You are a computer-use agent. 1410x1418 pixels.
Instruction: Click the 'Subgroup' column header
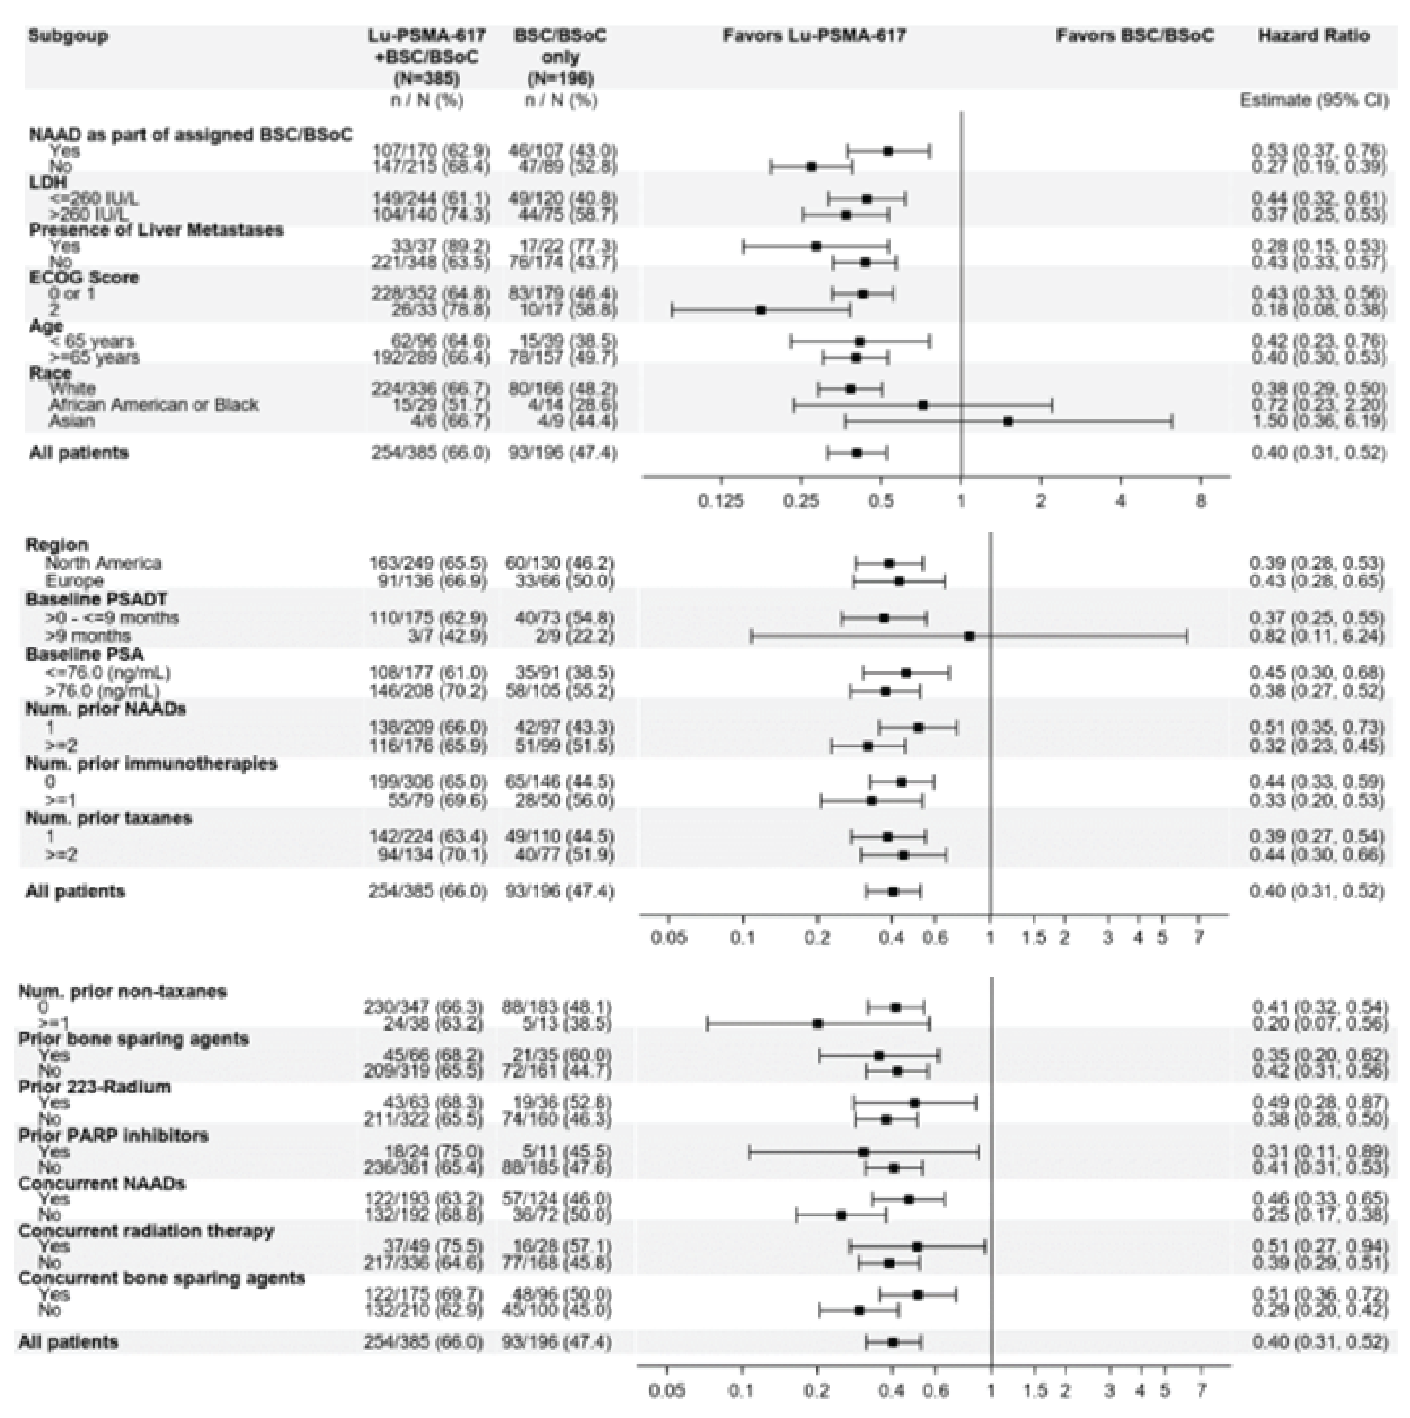[x=68, y=36]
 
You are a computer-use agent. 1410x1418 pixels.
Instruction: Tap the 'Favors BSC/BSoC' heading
[x=1135, y=36]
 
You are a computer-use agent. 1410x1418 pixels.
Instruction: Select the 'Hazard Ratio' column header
[x=1313, y=36]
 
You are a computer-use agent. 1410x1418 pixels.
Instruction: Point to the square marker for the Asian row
[x=1008, y=421]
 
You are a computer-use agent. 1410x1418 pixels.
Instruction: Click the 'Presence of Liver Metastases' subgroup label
[x=155, y=230]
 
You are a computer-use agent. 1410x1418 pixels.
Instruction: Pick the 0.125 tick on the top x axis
[x=721, y=502]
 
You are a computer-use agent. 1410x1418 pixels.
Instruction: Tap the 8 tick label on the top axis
[x=1200, y=502]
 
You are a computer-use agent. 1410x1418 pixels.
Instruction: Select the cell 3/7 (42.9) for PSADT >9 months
[x=427, y=635]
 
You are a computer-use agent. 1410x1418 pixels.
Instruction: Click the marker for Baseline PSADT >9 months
[x=970, y=635]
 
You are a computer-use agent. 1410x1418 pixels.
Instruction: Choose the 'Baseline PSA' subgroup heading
[x=85, y=654]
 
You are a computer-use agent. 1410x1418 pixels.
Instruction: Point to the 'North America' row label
[x=103, y=563]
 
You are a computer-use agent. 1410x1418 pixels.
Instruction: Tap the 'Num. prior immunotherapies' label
[x=151, y=763]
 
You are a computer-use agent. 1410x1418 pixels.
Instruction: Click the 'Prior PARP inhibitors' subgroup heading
[x=113, y=1135]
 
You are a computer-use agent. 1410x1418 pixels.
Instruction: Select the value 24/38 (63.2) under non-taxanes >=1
[x=424, y=1023]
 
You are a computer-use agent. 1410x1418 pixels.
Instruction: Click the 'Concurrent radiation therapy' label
[x=146, y=1231]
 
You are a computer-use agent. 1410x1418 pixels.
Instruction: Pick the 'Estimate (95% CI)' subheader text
[x=1314, y=100]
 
